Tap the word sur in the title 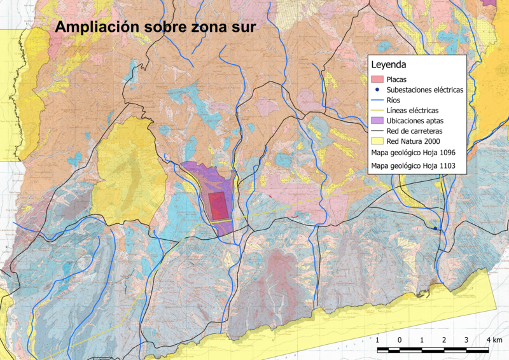click(x=242, y=28)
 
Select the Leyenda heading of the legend click(x=389, y=65)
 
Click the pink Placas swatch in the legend click(x=377, y=80)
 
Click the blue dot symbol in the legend click(x=377, y=90)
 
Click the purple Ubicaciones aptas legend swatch click(x=377, y=121)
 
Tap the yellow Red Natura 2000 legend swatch click(x=377, y=141)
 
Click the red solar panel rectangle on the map click(x=218, y=206)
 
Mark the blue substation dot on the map click(x=435, y=228)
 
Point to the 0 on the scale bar click(x=400, y=340)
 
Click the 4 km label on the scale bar click(x=494, y=340)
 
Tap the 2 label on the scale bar click(x=444, y=340)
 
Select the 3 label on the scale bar click(x=466, y=340)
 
